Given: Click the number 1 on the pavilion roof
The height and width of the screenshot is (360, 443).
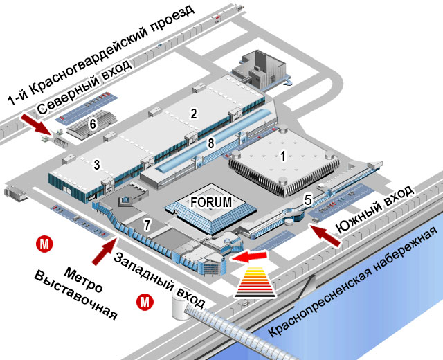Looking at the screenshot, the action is point(283,156).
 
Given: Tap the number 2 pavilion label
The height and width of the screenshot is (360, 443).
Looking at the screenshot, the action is point(194,114).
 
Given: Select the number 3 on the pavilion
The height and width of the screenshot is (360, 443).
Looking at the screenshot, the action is point(97,165).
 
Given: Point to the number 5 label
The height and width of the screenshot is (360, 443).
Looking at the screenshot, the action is point(308,200).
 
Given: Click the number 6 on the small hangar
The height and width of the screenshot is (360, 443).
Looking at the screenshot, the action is point(93,124).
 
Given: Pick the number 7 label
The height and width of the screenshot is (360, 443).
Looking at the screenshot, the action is point(147,225).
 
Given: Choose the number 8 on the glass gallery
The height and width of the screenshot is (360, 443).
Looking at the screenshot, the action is point(210,144).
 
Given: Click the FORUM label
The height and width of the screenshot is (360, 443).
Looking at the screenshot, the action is point(211,202).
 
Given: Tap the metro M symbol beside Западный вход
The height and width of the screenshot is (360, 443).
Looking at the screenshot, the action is point(145,302).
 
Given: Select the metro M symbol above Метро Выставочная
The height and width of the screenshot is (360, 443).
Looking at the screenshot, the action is point(44,244).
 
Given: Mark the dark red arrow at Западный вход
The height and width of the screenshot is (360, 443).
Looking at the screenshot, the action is point(105,251).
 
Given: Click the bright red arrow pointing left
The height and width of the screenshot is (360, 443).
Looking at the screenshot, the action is point(249,256).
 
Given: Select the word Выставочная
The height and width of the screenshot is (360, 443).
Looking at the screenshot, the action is point(75,296).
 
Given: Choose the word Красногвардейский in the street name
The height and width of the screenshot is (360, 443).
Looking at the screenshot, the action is point(93,63).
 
